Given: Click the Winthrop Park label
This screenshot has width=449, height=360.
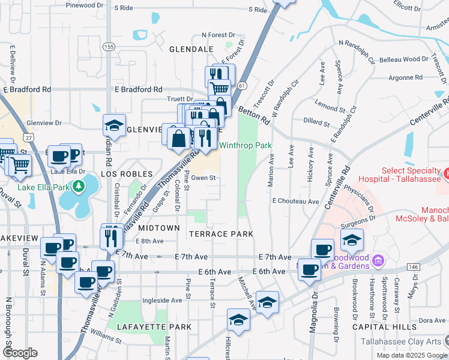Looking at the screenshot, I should pyautogui.click(x=245, y=146).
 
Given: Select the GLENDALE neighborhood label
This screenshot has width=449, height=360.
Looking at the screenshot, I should pyautogui.click(x=191, y=49).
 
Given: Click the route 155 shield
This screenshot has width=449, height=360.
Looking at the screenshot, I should pyautogui.click(x=108, y=47).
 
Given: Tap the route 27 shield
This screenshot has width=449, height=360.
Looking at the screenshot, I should pyautogui.click(x=29, y=137).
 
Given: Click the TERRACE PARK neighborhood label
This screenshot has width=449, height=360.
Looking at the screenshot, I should pyautogui.click(x=220, y=233).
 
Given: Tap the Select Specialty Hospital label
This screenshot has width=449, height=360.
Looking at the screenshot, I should pyautogui.click(x=399, y=174).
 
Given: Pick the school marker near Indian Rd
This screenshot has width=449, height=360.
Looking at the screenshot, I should pyautogui.click(x=114, y=126).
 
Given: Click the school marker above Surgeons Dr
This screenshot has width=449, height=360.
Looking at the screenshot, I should pyautogui.click(x=352, y=241).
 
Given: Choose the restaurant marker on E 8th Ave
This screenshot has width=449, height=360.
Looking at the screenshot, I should pyautogui.click(x=110, y=235).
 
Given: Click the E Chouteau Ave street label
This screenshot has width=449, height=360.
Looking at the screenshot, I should pyautogui.click(x=295, y=202).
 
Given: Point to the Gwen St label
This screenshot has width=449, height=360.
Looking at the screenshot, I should pyautogui.click(x=203, y=178).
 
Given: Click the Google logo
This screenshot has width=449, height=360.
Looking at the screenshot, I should pyautogui.click(x=20, y=353).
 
